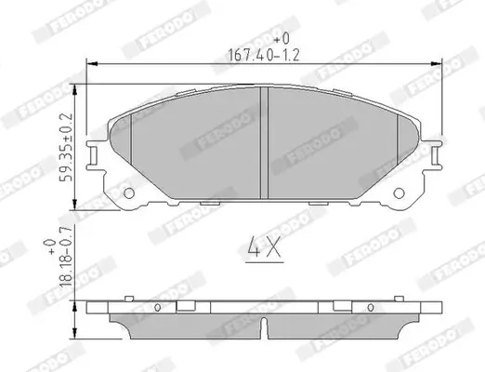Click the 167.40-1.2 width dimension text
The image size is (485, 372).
coord(264,53)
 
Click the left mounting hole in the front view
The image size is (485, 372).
coord(129,195)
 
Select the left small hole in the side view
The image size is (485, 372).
coord(159,307)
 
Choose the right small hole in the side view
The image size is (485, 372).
coord(372,307)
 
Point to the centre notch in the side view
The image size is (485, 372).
coord(266,325)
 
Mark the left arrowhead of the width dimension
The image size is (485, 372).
coord(91,62)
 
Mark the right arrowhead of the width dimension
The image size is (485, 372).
coord(440,62)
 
